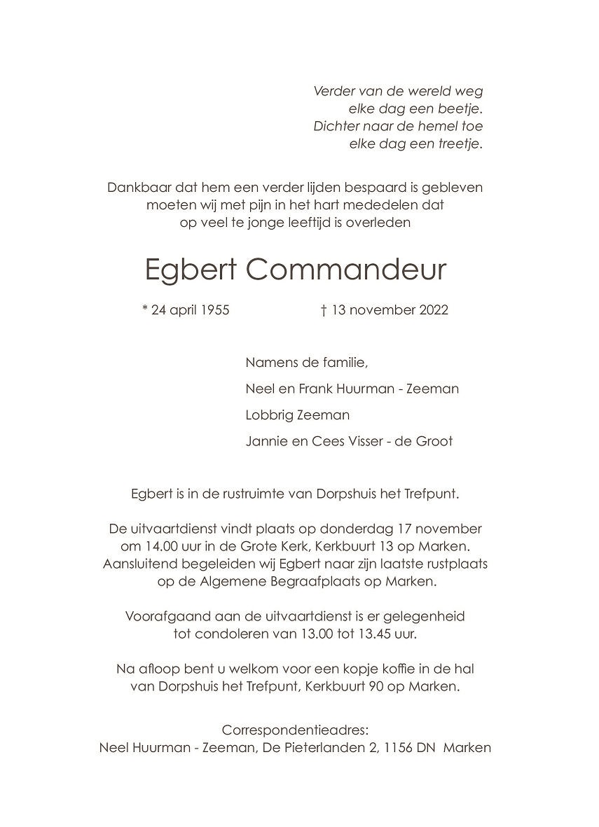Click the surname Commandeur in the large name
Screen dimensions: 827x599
point(346,270)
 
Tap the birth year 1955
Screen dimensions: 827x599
point(213,310)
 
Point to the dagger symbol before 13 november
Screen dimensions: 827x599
point(324,310)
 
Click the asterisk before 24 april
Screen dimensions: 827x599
point(144,309)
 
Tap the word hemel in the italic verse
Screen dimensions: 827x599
point(427,127)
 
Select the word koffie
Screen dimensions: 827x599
point(388,669)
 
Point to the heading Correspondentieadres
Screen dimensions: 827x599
point(294,730)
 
